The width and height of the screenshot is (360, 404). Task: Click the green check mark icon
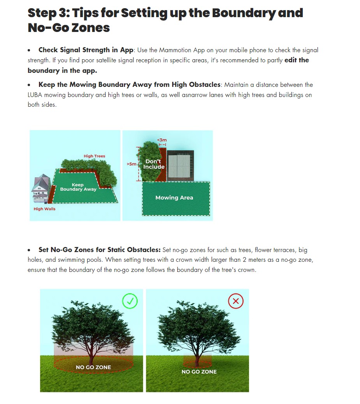point(130,301)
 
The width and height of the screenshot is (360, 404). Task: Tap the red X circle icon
point(236,301)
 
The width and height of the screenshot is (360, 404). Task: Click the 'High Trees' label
point(94,156)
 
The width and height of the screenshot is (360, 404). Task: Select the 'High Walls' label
point(44,209)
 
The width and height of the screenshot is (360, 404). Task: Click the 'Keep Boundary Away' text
point(78,187)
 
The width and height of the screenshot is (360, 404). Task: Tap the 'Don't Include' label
point(154,164)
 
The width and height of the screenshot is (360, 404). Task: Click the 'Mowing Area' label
point(174,198)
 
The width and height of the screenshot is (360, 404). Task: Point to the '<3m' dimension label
point(162,140)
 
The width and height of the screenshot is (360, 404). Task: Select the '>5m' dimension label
point(132,164)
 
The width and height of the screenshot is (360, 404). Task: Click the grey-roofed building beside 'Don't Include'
point(180,165)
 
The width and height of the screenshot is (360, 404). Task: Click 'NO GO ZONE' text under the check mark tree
point(94,367)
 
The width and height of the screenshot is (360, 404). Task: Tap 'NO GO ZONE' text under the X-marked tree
point(199,372)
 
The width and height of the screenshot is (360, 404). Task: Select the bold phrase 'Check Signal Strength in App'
point(86,50)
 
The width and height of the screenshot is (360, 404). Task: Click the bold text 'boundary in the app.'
point(62,71)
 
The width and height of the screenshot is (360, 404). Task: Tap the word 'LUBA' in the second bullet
point(36,95)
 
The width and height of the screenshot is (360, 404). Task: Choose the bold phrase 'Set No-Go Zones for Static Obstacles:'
point(99,250)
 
